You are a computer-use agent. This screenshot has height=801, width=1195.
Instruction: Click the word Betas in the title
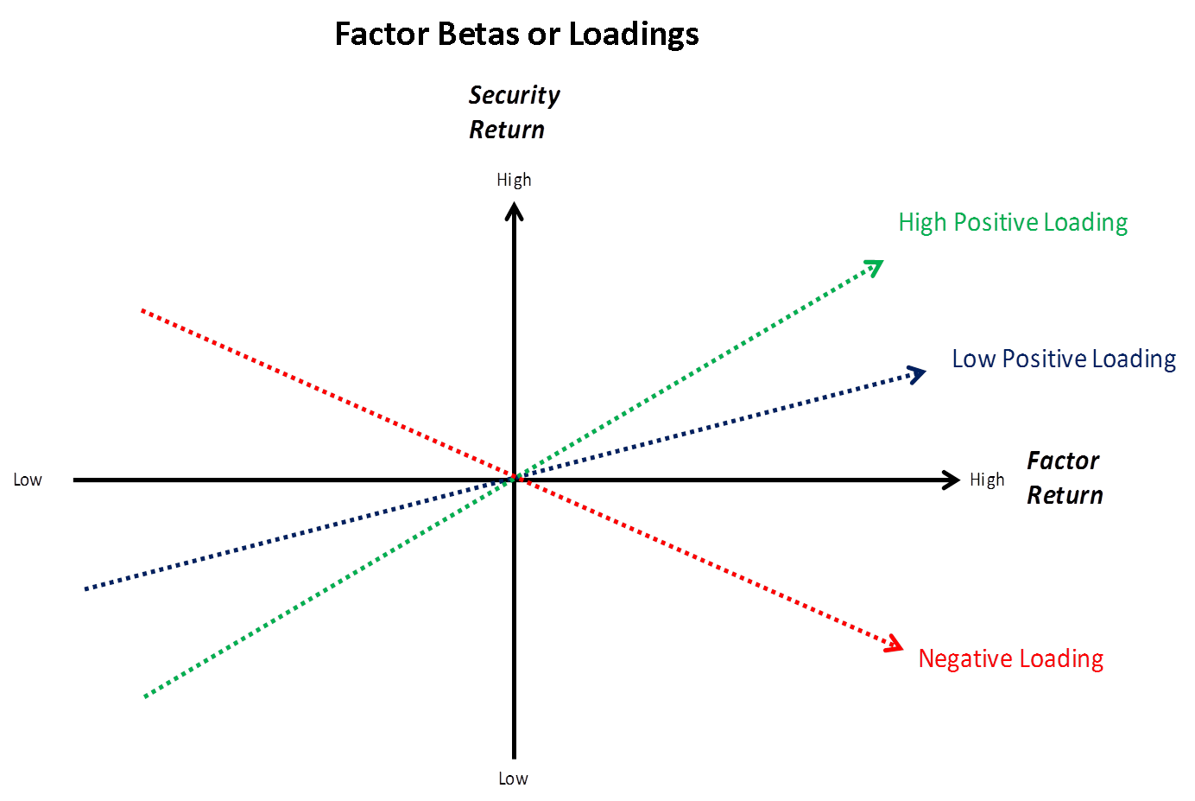tap(472, 35)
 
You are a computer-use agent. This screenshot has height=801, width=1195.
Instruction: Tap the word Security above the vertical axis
tap(514, 95)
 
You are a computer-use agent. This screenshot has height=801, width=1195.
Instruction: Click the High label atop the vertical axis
tap(513, 180)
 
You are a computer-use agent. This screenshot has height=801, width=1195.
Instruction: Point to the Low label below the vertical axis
tap(512, 778)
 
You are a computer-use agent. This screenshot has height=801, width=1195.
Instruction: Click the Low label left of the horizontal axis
tap(27, 480)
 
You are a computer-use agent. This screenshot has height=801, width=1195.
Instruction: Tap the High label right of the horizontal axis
tap(986, 480)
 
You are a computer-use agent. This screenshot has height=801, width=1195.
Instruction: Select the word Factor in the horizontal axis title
tap(1062, 461)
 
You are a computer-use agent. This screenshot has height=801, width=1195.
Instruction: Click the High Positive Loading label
tap(1012, 222)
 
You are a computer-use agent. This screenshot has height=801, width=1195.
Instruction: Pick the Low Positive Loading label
tap(1063, 359)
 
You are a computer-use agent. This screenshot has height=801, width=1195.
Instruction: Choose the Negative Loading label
tap(1009, 658)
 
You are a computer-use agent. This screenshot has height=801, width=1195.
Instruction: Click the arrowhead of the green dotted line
tap(876, 264)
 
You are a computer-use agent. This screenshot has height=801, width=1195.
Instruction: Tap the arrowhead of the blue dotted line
tap(917, 373)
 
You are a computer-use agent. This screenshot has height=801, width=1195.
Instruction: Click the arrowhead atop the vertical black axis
tap(514, 211)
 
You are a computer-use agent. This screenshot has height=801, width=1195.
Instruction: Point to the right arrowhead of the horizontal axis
tap(952, 480)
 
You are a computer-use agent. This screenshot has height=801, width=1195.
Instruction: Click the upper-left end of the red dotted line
tap(142, 311)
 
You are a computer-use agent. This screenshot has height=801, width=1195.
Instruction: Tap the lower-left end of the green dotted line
tap(146, 694)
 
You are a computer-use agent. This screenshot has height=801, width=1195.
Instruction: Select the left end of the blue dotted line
tap(85, 588)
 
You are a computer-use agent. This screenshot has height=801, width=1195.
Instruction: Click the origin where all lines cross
tap(514, 478)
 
